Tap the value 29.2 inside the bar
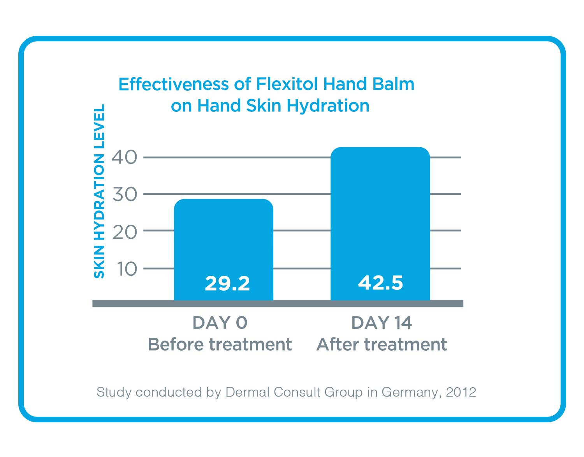(x=227, y=283)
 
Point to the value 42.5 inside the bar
(x=380, y=282)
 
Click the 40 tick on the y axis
(x=125, y=157)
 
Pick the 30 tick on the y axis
(x=125, y=194)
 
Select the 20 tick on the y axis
(x=125, y=232)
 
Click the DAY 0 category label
(x=220, y=323)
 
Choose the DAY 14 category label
(x=382, y=323)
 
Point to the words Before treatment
(x=220, y=344)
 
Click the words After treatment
(x=382, y=344)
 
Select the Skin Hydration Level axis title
(x=99, y=191)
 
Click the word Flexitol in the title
(x=287, y=84)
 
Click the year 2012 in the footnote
(x=461, y=392)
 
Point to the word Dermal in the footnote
(x=248, y=392)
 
